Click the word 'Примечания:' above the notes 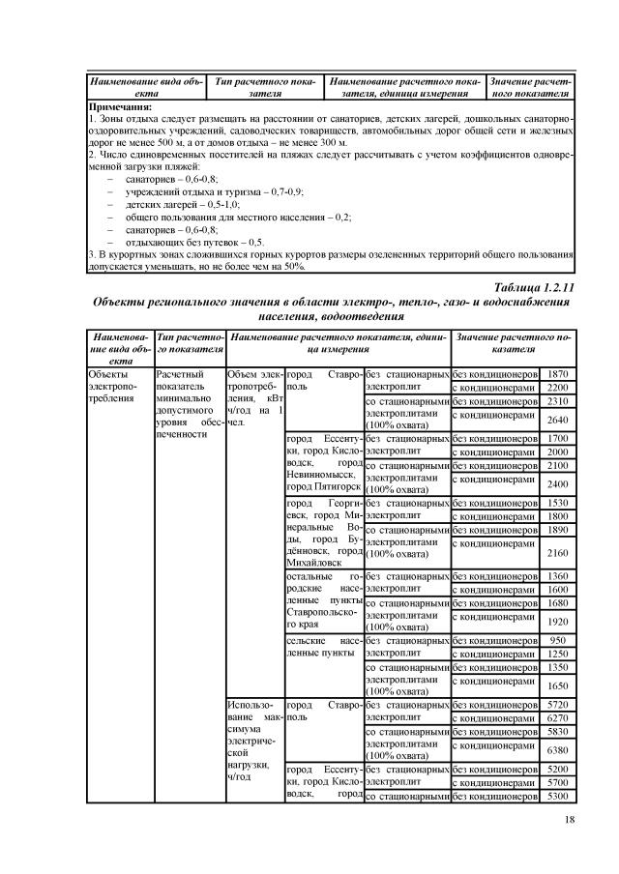(x=125, y=106)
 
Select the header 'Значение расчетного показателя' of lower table (x=513, y=342)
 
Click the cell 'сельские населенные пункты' (x=323, y=648)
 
